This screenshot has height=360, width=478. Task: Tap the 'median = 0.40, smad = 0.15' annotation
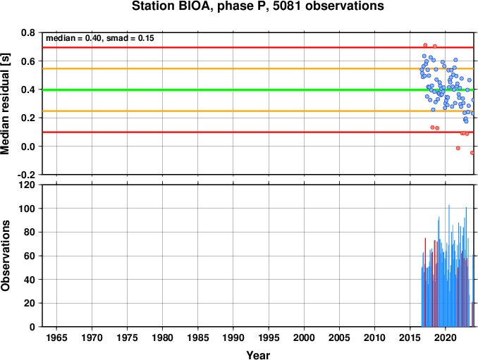click(x=100, y=38)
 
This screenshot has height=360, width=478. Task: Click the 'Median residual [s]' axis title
click(x=5, y=104)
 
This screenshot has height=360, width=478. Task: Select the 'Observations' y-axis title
click(x=5, y=256)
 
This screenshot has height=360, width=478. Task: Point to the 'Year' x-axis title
click(x=258, y=355)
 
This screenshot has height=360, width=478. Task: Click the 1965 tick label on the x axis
click(x=56, y=337)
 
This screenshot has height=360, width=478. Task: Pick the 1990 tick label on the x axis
click(x=233, y=337)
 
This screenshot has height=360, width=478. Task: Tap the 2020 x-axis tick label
click(x=446, y=337)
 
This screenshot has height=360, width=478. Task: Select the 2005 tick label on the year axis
click(x=339, y=337)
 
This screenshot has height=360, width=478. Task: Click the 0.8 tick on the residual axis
click(x=27, y=32)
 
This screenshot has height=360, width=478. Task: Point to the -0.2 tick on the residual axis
click(x=26, y=175)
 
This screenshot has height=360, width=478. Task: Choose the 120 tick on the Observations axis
click(x=27, y=185)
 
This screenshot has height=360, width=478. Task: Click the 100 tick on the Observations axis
click(x=27, y=209)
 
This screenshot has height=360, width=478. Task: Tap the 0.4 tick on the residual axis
click(x=27, y=89)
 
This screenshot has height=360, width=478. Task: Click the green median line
click(x=258, y=90)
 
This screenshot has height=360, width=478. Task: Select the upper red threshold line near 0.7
click(x=258, y=47)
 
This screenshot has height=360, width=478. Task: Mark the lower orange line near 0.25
click(x=258, y=111)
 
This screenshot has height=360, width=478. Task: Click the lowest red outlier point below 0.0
click(x=472, y=153)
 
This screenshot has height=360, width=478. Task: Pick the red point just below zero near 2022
click(x=458, y=148)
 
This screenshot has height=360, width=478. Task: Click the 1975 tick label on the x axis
click(x=127, y=337)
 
